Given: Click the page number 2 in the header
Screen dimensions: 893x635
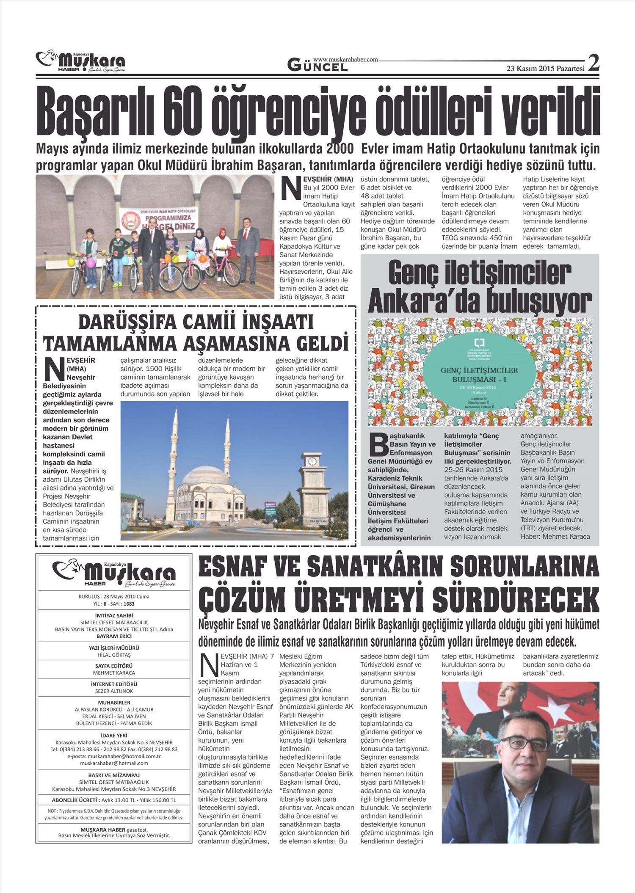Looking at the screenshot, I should click(594, 63).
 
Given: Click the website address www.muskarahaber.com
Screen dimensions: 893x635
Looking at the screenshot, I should click(345, 60).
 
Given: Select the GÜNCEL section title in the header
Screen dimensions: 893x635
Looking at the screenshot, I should click(317, 66).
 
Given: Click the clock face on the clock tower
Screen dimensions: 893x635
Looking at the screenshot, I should click(312, 461).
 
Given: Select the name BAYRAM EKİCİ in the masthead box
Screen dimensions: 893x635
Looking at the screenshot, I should click(114, 636).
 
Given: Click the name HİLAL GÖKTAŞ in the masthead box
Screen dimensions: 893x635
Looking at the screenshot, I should click(114, 655).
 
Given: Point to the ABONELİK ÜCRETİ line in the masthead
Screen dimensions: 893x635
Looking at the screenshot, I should click(114, 800).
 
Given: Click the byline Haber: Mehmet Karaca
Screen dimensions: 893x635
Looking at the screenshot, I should click(555, 537).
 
